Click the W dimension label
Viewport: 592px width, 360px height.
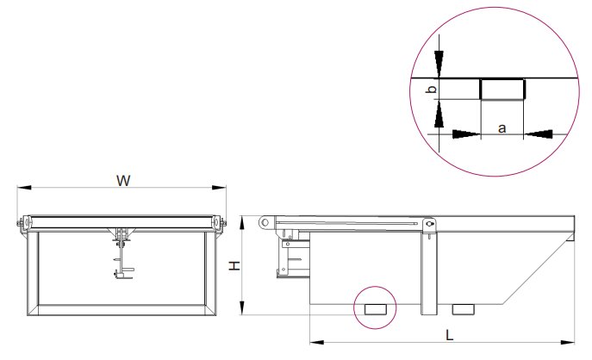pyautogui.click(x=123, y=180)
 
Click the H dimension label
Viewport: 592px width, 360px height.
pyautogui.click(x=234, y=265)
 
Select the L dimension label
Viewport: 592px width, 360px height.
pyautogui.click(x=449, y=335)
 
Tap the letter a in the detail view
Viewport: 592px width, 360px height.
pyautogui.click(x=502, y=128)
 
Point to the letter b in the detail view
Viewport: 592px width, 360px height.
pyautogui.click(x=432, y=90)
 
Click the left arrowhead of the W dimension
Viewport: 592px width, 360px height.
pyautogui.click(x=24, y=187)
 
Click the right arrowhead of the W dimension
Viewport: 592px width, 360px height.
pyautogui.click(x=219, y=187)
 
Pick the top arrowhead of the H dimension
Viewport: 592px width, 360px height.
pyautogui.click(x=242, y=223)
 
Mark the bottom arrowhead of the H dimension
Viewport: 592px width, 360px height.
pyautogui.click(x=242, y=307)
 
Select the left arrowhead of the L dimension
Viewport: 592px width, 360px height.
pyautogui.click(x=317, y=342)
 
